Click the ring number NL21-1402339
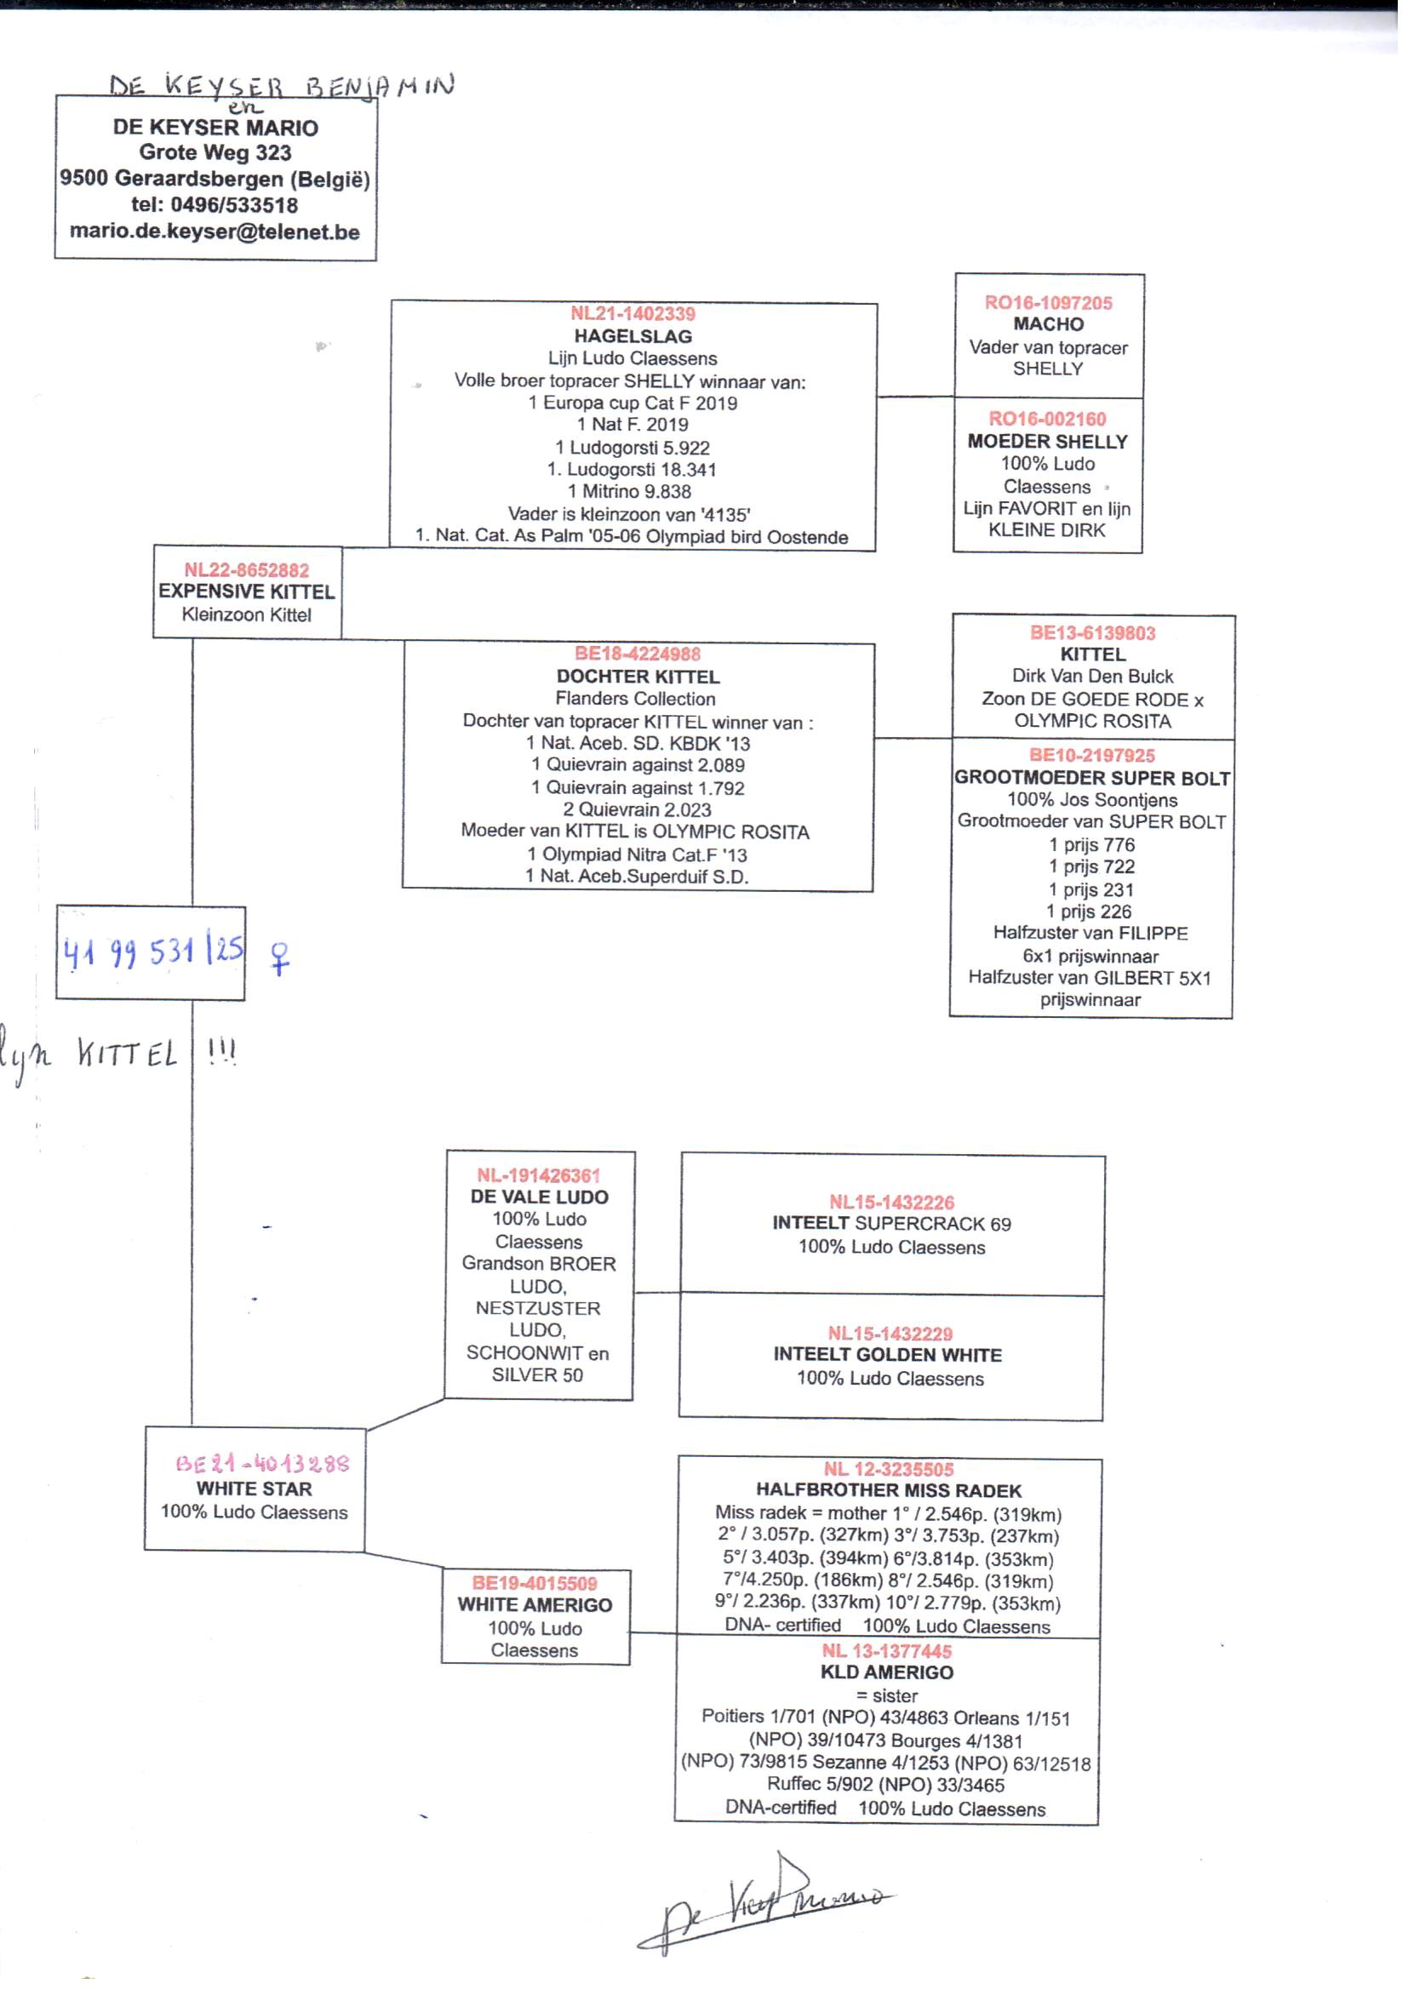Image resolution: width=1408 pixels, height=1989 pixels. [632, 314]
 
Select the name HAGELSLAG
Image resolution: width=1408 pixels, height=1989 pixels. [632, 336]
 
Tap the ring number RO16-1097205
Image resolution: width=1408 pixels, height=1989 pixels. [1048, 302]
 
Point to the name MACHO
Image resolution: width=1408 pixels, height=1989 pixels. [1048, 324]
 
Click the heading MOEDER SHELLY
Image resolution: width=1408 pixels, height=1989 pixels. [1047, 441]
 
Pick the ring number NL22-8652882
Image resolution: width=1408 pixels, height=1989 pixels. [246, 570]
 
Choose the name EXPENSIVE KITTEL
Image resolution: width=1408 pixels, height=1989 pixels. [246, 592]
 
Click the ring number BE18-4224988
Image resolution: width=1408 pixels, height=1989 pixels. [638, 654]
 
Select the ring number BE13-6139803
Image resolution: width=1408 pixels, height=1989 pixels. [1092, 632]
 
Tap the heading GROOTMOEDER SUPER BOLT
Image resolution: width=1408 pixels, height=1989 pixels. [1091, 777]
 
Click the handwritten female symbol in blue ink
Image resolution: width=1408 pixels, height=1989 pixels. [279, 958]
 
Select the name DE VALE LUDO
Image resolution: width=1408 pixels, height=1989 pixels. [539, 1197]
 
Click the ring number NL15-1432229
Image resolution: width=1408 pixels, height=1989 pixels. [890, 1333]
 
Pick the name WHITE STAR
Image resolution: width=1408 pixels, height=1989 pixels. [254, 1488]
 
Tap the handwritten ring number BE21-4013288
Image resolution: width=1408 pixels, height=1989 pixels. [262, 1464]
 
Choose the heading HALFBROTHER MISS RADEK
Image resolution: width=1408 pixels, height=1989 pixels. [889, 1489]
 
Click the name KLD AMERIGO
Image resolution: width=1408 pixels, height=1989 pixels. [887, 1672]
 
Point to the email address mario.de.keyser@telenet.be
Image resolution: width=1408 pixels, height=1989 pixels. [215, 231]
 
